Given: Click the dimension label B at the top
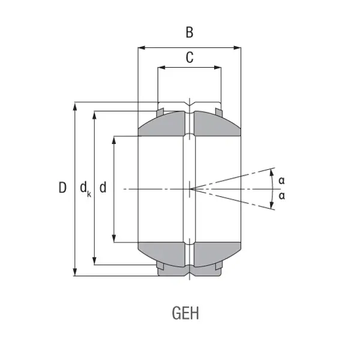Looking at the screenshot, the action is [x=190, y=32].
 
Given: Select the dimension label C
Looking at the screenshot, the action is [x=190, y=58].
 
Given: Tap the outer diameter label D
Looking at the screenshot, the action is [x=62, y=187].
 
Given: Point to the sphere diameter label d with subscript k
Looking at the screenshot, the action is [x=85, y=189].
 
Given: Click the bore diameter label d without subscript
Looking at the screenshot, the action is [x=103, y=187].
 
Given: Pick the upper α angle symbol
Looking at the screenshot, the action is [x=282, y=181].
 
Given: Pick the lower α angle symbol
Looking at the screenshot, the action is [x=282, y=196].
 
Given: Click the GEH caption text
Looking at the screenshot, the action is [x=185, y=313].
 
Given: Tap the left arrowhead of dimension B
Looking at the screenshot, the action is [x=142, y=48].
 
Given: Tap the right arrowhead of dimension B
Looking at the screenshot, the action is [x=237, y=48].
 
